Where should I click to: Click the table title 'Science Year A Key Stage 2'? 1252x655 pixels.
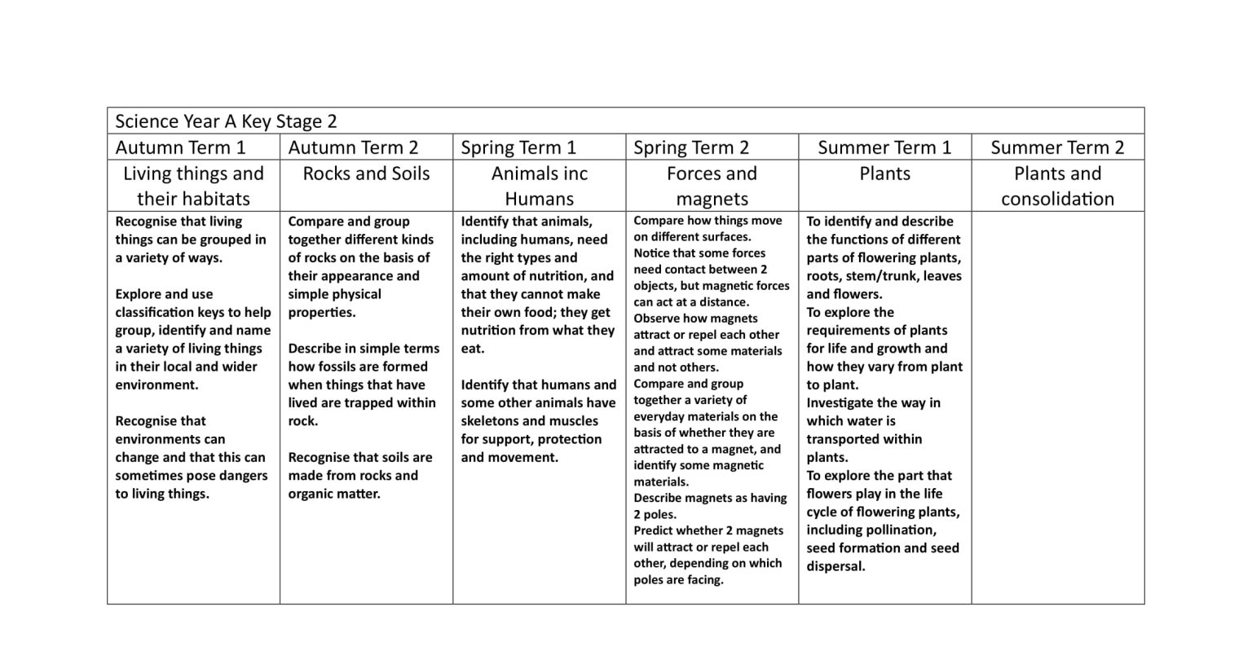(226, 121)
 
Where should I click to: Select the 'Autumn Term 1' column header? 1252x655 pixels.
(180, 147)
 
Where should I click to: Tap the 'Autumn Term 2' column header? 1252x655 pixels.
(353, 147)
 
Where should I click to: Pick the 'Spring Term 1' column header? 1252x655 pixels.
(518, 147)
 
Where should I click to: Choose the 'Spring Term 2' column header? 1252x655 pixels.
(691, 147)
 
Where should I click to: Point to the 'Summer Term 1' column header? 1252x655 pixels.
(884, 147)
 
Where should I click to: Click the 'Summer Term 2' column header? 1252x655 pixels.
(1057, 147)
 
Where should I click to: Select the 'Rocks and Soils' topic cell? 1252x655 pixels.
(366, 174)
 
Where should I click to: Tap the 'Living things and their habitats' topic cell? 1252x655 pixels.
(193, 186)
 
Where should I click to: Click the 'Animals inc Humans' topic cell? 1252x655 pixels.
(539, 186)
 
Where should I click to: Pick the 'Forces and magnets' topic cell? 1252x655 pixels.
(712, 186)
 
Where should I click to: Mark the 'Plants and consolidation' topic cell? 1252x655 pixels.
(1057, 186)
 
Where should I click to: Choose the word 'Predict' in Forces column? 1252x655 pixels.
(653, 531)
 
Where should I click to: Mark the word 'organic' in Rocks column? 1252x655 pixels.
(309, 494)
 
